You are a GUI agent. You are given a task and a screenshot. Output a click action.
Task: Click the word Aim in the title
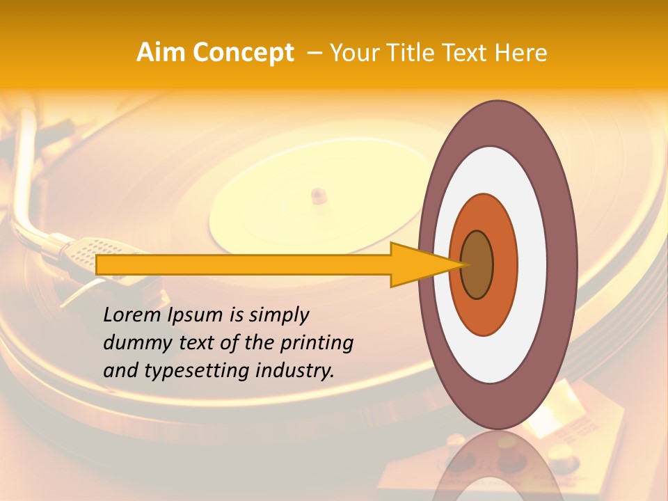160,53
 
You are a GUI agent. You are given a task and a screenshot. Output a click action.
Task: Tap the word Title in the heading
408,53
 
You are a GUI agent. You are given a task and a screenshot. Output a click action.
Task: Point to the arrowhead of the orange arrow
424,264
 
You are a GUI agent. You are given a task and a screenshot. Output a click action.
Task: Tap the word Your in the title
352,53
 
